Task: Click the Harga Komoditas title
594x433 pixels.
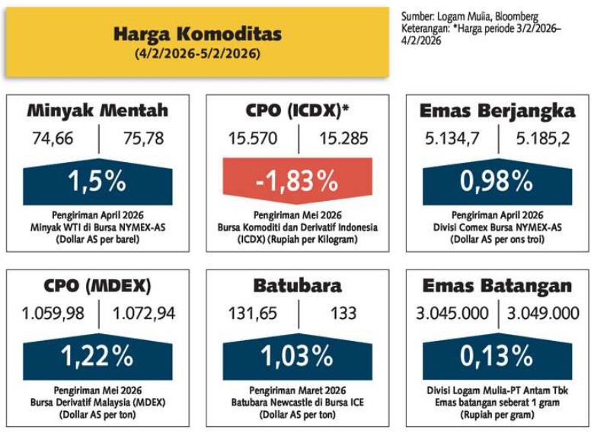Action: point(197,34)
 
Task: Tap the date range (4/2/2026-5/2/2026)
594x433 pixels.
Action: point(197,54)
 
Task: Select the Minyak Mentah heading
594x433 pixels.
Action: point(97,110)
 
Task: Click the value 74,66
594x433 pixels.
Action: point(56,138)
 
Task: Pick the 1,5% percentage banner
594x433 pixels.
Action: point(97,182)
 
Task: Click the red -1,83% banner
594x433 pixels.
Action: point(297,182)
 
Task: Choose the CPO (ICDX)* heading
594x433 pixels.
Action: point(297,110)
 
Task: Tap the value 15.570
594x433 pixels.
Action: point(253,138)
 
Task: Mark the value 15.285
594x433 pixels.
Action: point(343,138)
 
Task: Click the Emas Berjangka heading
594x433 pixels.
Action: point(497,110)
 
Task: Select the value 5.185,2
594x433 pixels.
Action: point(542,138)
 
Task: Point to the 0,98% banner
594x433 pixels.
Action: point(497,182)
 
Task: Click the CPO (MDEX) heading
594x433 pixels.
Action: point(97,286)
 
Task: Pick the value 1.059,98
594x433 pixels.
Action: point(54,314)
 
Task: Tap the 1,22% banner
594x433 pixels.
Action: point(97,355)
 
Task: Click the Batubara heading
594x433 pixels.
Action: point(297,286)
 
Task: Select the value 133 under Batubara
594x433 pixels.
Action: point(343,314)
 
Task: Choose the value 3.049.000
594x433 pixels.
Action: point(544,314)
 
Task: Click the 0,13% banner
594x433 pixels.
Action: point(497,355)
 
